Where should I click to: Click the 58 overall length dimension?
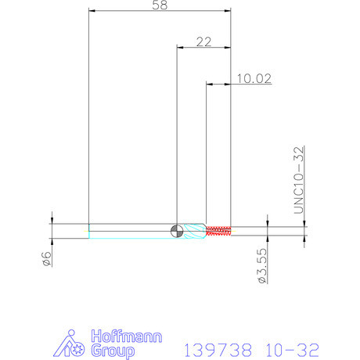coord(160,5)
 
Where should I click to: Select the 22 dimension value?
coord(203,42)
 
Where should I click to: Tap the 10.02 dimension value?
coord(254,78)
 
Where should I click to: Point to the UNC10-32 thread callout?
coord(299,180)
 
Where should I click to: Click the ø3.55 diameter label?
coord(262,265)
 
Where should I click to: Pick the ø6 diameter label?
coord(47,259)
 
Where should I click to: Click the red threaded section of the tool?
coord(218,231)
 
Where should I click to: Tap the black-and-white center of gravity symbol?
coord(177,231)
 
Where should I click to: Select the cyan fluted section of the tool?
coord(194,231)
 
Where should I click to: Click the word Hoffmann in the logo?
coord(127,337)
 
